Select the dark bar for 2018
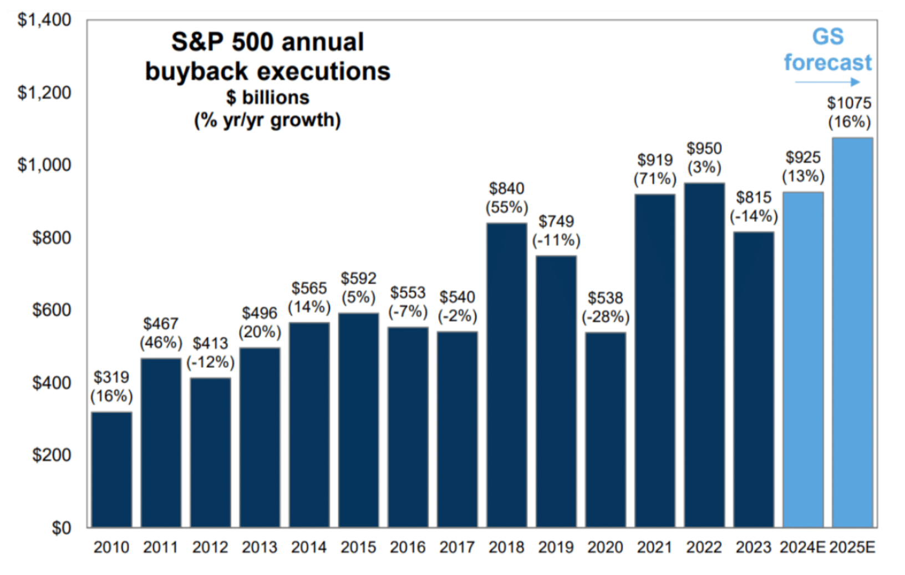point(507,374)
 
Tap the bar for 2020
point(606,429)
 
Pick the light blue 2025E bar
point(852,332)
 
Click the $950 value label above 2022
point(704,148)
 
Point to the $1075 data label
point(849,103)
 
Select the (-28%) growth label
point(606,317)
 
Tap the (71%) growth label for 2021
point(655,179)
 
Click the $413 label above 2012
point(210,343)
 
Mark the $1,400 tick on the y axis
point(44,20)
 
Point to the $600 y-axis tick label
point(52,310)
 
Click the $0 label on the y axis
point(61,528)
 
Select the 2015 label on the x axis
point(358,547)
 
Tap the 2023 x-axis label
point(753,547)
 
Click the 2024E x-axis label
point(802,547)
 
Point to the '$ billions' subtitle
point(267,97)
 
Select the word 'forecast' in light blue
point(827,63)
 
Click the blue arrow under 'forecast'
point(827,82)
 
